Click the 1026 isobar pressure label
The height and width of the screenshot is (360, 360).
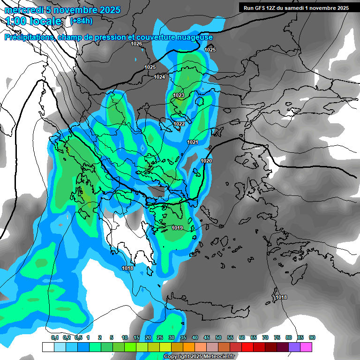[x=136, y=44]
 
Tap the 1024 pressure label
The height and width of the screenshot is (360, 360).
[x=159, y=77]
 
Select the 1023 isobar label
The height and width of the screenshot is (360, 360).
[x=179, y=95]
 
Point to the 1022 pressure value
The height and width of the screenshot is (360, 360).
[x=179, y=124]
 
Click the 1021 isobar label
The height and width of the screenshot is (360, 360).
[x=193, y=142]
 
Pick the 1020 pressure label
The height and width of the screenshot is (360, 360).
[x=207, y=161]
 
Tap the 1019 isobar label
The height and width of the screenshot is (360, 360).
[x=177, y=228]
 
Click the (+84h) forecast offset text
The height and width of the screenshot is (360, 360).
[x=81, y=21]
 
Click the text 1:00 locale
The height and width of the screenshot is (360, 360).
[x=33, y=21]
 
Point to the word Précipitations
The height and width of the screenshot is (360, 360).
[x=29, y=37]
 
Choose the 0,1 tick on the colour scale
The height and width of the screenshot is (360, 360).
[x=54, y=337]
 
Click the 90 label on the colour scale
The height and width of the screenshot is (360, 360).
[x=312, y=337]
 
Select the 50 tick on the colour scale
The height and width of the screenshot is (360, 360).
[x=218, y=337]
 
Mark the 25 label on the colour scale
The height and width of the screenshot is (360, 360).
[x=160, y=337]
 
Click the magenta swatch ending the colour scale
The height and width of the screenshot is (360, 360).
[x=306, y=347]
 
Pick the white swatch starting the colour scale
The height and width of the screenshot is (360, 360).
[x=48, y=347]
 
